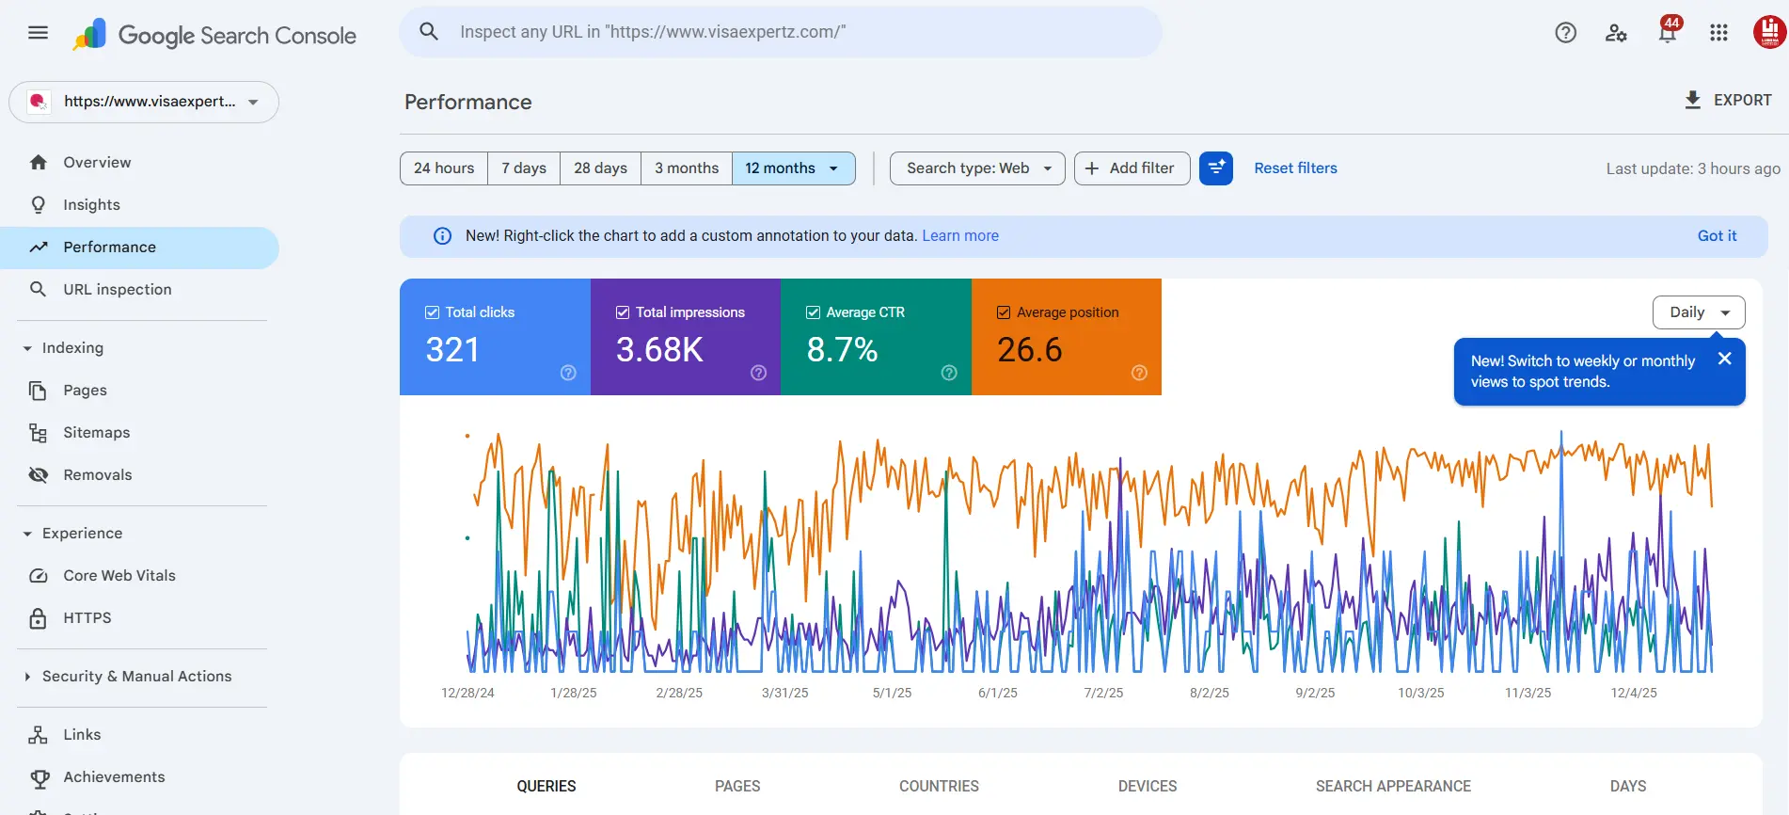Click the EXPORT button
[1728, 100]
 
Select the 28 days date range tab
[600, 168]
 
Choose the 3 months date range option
[686, 168]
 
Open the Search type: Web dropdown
[976, 168]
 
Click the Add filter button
[1132, 168]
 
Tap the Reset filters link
[1295, 168]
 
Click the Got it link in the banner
[1717, 236]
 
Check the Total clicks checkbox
[433, 312]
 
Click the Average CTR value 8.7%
[842, 350]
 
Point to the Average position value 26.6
[1030, 350]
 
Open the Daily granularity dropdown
[1698, 312]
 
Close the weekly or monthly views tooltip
[1724, 359]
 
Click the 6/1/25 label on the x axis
[997, 693]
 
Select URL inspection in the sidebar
[117, 290]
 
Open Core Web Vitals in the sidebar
[119, 576]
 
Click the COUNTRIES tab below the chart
[939, 786]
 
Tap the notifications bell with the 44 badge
[1667, 33]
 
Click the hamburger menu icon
[38, 33]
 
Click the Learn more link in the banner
[959, 236]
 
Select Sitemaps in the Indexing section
[96, 433]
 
